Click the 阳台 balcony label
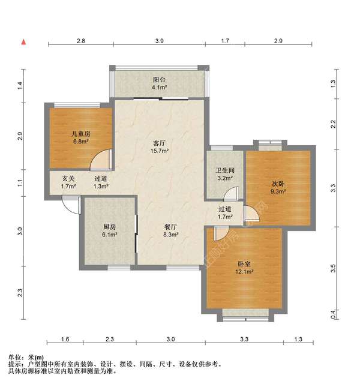[158, 78]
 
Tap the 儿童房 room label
[81, 134]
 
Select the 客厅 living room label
[159, 143]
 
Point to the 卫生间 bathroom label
[224, 170]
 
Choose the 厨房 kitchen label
[109, 227]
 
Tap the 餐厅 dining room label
[170, 227]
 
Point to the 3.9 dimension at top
[158, 40]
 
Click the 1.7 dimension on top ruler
[225, 40]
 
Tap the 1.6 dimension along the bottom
[65, 340]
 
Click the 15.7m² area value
[159, 151]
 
